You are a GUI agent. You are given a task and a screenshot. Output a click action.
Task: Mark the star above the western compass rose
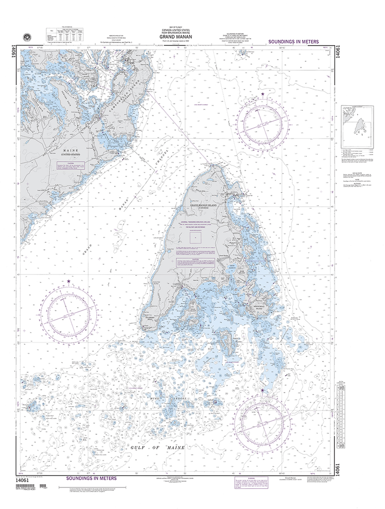coord(68,282)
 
